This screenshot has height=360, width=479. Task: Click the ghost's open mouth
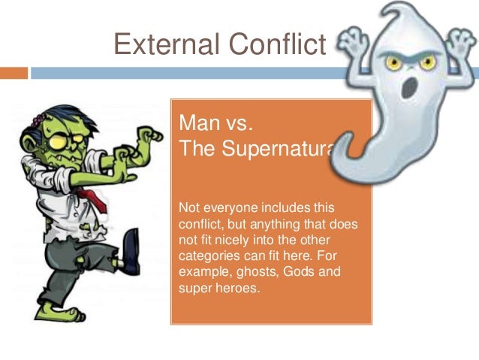[x=408, y=88]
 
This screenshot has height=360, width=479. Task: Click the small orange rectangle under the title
[x=14, y=73]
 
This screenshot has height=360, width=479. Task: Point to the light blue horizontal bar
[x=188, y=73]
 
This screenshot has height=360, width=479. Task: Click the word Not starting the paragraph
[x=189, y=207]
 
